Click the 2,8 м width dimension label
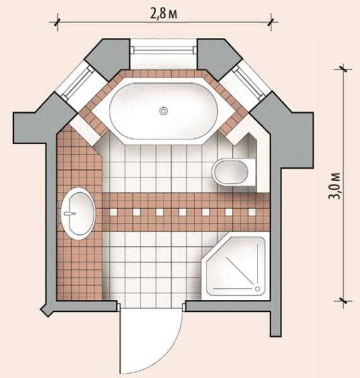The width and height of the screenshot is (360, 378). (164, 14)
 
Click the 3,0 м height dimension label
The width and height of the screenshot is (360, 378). (335, 186)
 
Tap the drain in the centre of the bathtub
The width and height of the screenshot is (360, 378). (164, 111)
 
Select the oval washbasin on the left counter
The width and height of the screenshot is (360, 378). (77, 214)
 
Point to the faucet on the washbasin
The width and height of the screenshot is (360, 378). (70, 214)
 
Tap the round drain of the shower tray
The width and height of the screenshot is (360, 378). (257, 289)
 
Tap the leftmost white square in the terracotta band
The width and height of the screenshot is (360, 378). (113, 212)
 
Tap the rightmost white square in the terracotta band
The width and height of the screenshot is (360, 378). (252, 212)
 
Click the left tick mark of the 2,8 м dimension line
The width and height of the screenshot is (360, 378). (57, 23)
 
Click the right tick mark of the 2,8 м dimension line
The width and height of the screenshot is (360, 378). (271, 23)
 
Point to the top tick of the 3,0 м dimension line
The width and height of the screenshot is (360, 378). (343, 69)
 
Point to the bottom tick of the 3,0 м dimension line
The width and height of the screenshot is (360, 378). (343, 301)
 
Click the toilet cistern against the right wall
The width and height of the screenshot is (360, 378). (251, 172)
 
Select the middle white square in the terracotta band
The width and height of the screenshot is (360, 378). (183, 212)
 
